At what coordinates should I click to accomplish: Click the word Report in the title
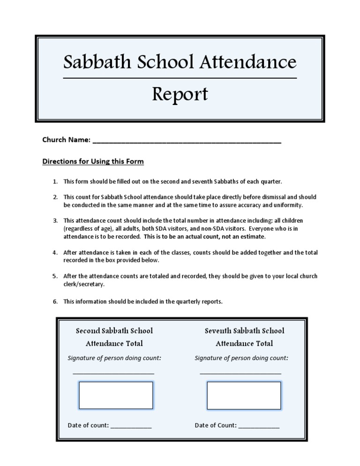[180, 95]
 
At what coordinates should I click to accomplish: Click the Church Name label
[66, 140]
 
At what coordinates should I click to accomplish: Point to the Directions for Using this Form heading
[93, 162]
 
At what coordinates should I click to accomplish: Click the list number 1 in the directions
[55, 181]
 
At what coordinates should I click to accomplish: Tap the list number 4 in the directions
[55, 253]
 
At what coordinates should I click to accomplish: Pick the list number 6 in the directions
[55, 301]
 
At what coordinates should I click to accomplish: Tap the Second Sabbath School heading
[114, 331]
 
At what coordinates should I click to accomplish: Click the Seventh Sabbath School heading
[244, 331]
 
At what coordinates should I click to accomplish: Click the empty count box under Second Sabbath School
[116, 395]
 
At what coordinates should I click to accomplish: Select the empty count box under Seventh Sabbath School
[244, 395]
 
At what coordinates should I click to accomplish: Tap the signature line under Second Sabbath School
[113, 373]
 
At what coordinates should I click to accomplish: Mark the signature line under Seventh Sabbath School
[240, 373]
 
